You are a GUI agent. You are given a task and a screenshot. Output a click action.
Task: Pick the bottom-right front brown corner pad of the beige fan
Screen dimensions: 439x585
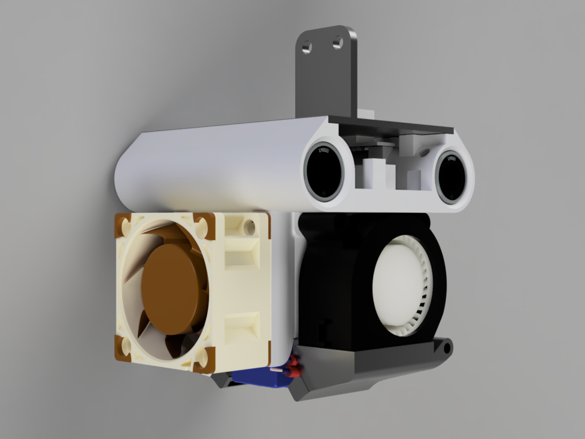(204, 358)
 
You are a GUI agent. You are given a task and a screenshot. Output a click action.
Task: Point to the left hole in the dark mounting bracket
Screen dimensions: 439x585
(307, 46)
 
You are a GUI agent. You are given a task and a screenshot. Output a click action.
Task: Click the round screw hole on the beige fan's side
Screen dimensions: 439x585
(247, 228)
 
